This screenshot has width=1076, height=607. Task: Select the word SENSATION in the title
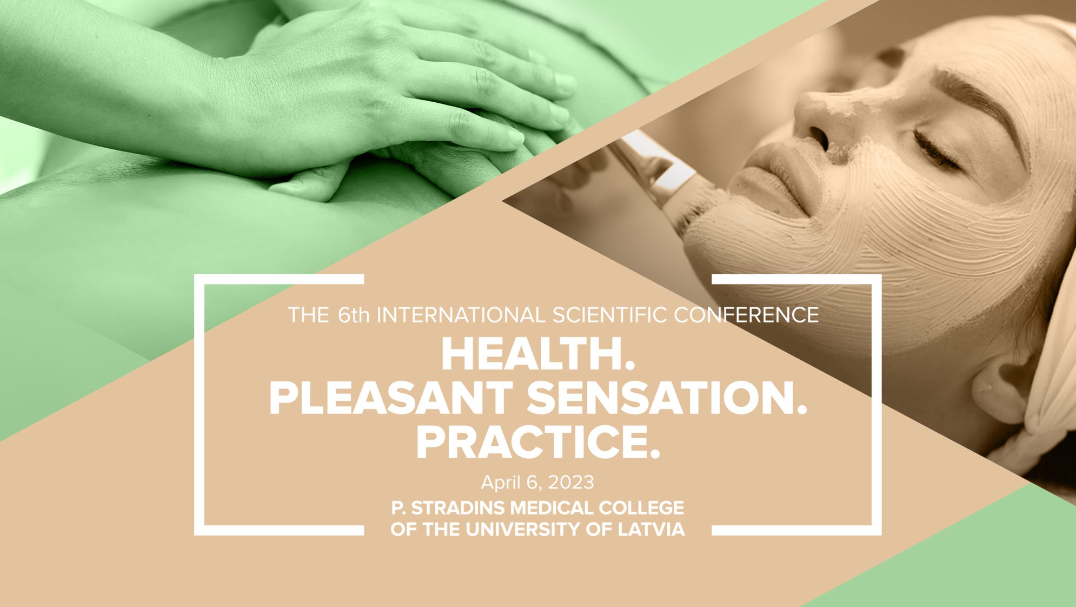point(660,398)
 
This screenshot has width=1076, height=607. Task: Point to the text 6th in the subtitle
point(354,315)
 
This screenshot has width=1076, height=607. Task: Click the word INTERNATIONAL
point(461,315)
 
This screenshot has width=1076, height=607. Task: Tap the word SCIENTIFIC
point(609,315)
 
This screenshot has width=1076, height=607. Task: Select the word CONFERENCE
point(746,315)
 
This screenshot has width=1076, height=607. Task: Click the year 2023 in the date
point(571,482)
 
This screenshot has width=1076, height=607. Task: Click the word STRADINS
point(459,508)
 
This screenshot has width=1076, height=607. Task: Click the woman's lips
point(773,179)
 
